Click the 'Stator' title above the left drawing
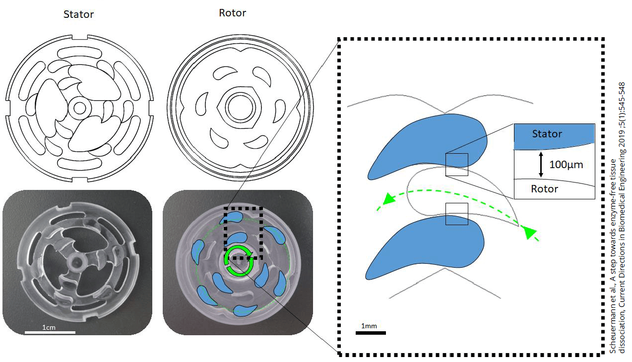[x=78, y=14]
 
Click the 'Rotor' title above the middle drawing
[x=232, y=13]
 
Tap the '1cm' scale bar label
[x=49, y=327]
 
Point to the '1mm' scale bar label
[x=369, y=326]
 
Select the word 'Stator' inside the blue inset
[x=547, y=134]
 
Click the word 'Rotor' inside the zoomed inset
[x=544, y=189]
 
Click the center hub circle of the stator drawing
[x=78, y=107]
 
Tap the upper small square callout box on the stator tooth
[x=456, y=165]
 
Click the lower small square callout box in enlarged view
[x=456, y=213]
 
